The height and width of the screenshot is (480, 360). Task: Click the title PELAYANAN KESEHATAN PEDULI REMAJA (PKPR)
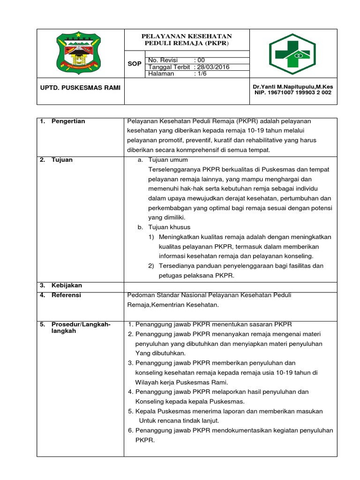pyautogui.click(x=187, y=40)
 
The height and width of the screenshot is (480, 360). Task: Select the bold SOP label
pyautogui.click(x=135, y=64)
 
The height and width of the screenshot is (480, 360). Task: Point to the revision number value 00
pyautogui.click(x=201, y=60)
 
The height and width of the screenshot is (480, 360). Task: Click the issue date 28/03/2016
pyautogui.click(x=214, y=67)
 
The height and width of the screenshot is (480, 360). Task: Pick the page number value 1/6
pyautogui.click(x=201, y=74)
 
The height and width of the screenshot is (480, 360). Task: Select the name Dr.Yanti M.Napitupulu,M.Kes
pyautogui.click(x=292, y=87)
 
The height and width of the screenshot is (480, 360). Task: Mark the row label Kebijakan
pyautogui.click(x=67, y=285)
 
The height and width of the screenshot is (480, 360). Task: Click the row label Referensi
pyautogui.click(x=66, y=295)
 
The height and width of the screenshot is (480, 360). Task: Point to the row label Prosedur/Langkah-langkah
pyautogui.click(x=81, y=328)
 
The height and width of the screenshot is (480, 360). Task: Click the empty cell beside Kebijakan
pyautogui.click(x=230, y=285)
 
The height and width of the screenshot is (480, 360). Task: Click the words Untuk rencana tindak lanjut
pyautogui.click(x=179, y=421)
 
